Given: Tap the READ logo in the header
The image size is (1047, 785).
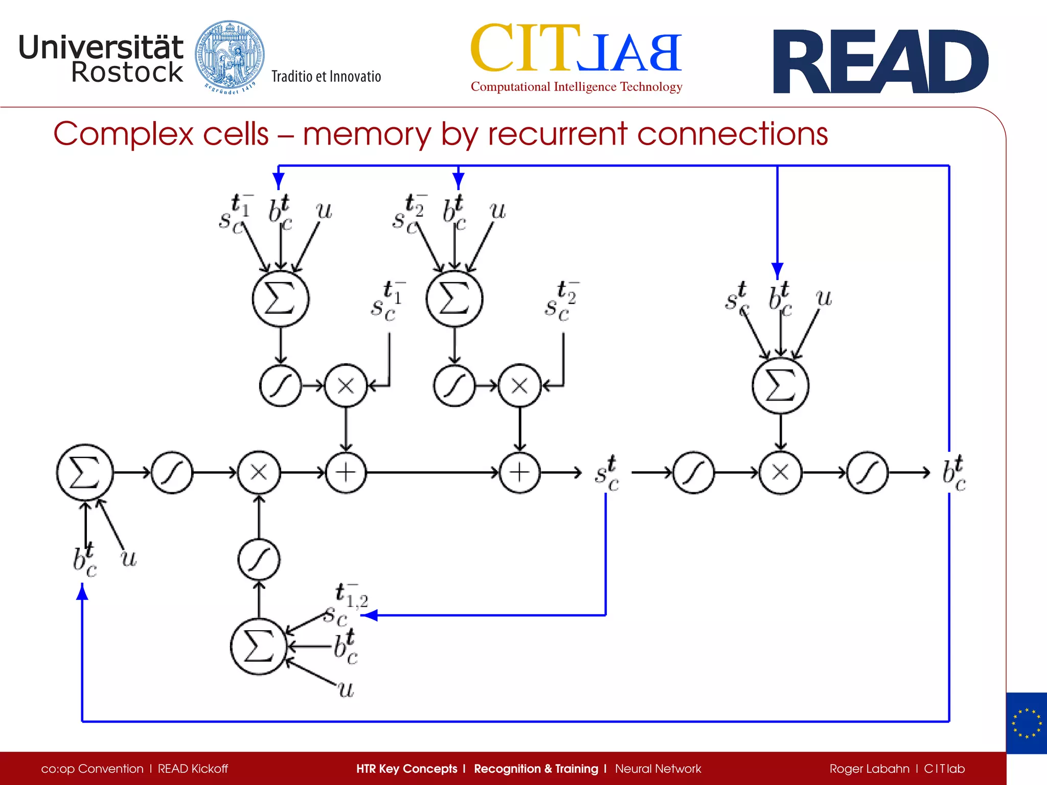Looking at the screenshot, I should (x=880, y=62).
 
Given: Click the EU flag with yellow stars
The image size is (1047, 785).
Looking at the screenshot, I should (x=1026, y=723).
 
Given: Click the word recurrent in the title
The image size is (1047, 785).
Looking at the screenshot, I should (x=557, y=134).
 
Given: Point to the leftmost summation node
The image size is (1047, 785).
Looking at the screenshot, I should (x=84, y=472).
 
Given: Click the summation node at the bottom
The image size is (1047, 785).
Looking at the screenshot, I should (x=259, y=647).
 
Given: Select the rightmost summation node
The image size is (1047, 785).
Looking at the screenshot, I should (x=780, y=385).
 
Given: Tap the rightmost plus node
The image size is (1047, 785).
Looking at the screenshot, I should (x=519, y=472).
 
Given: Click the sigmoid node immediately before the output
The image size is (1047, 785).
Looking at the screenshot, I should (x=867, y=472).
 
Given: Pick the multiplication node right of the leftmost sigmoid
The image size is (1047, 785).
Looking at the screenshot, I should (x=259, y=472).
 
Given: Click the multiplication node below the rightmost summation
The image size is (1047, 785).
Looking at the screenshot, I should (x=780, y=472).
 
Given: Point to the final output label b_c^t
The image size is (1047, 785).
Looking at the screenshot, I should (x=954, y=473).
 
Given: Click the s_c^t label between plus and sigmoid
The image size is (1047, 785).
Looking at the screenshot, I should (x=607, y=473).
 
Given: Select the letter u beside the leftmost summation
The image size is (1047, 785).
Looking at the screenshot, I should (x=129, y=558).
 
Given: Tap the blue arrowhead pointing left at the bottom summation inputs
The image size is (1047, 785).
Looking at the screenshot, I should (x=369, y=615).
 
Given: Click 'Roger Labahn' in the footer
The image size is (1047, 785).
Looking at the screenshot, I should (x=869, y=769).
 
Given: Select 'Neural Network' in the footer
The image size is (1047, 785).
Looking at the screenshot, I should (x=658, y=769).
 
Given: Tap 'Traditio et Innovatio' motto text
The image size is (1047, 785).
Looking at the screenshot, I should (x=326, y=77).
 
